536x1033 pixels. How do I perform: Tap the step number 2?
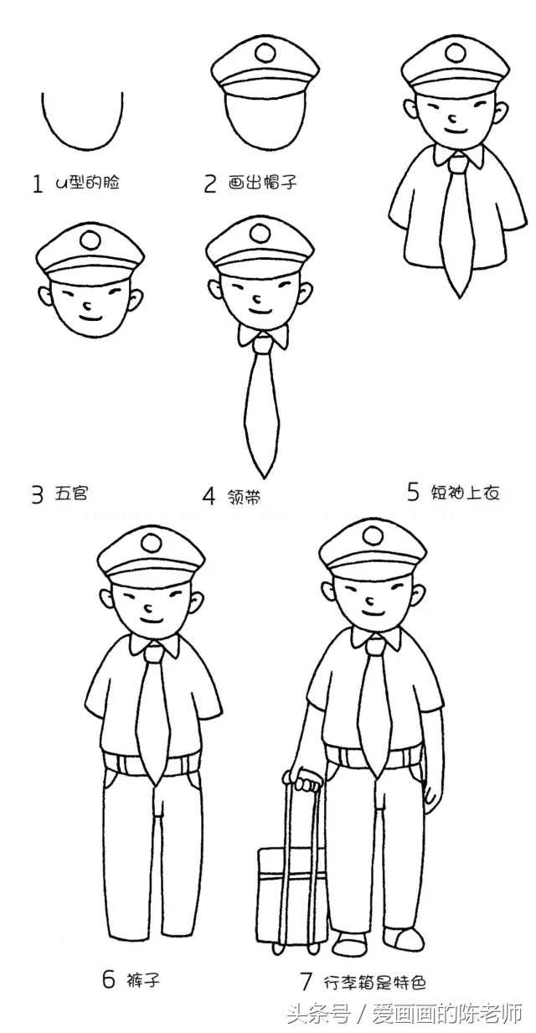[210, 183]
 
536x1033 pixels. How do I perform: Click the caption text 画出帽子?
[263, 183]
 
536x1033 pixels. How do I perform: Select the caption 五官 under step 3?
[72, 493]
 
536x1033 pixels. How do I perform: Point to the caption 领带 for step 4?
[244, 496]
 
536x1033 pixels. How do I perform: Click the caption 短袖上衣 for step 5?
[466, 493]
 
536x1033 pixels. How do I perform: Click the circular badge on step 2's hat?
[265, 54]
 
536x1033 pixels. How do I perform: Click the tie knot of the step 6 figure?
[154, 651]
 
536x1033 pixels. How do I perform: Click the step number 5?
[413, 492]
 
